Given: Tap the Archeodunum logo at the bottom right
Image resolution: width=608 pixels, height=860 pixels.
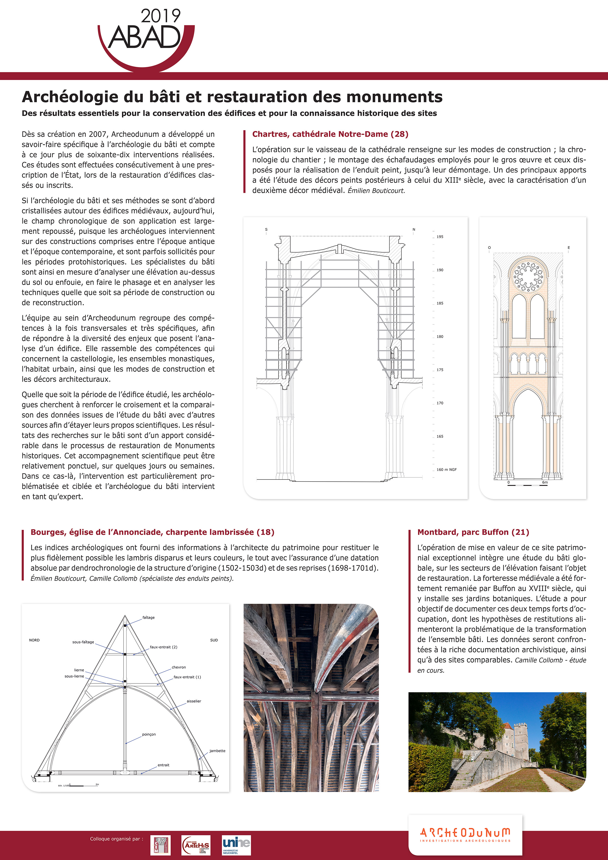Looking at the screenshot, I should (465, 834).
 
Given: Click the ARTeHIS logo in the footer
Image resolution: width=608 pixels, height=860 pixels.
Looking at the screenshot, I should (196, 845).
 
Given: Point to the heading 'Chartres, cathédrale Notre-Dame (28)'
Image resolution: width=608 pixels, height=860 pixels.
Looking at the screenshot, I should (330, 134).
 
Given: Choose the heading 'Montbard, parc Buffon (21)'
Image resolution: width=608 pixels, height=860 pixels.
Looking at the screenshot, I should (473, 532).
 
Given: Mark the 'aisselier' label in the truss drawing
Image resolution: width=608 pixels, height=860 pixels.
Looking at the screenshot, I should (194, 701).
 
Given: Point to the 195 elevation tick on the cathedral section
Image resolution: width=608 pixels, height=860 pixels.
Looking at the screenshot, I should (440, 237).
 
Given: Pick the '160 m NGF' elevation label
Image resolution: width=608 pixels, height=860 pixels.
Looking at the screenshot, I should (446, 470).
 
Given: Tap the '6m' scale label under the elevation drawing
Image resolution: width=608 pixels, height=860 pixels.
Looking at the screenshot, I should (545, 482).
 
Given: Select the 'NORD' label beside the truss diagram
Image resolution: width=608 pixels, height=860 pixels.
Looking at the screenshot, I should (34, 640).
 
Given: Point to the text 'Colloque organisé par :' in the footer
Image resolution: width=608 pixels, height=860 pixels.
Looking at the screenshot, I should (116, 839).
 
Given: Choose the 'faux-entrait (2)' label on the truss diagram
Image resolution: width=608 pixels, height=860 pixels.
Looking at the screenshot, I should (163, 647).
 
